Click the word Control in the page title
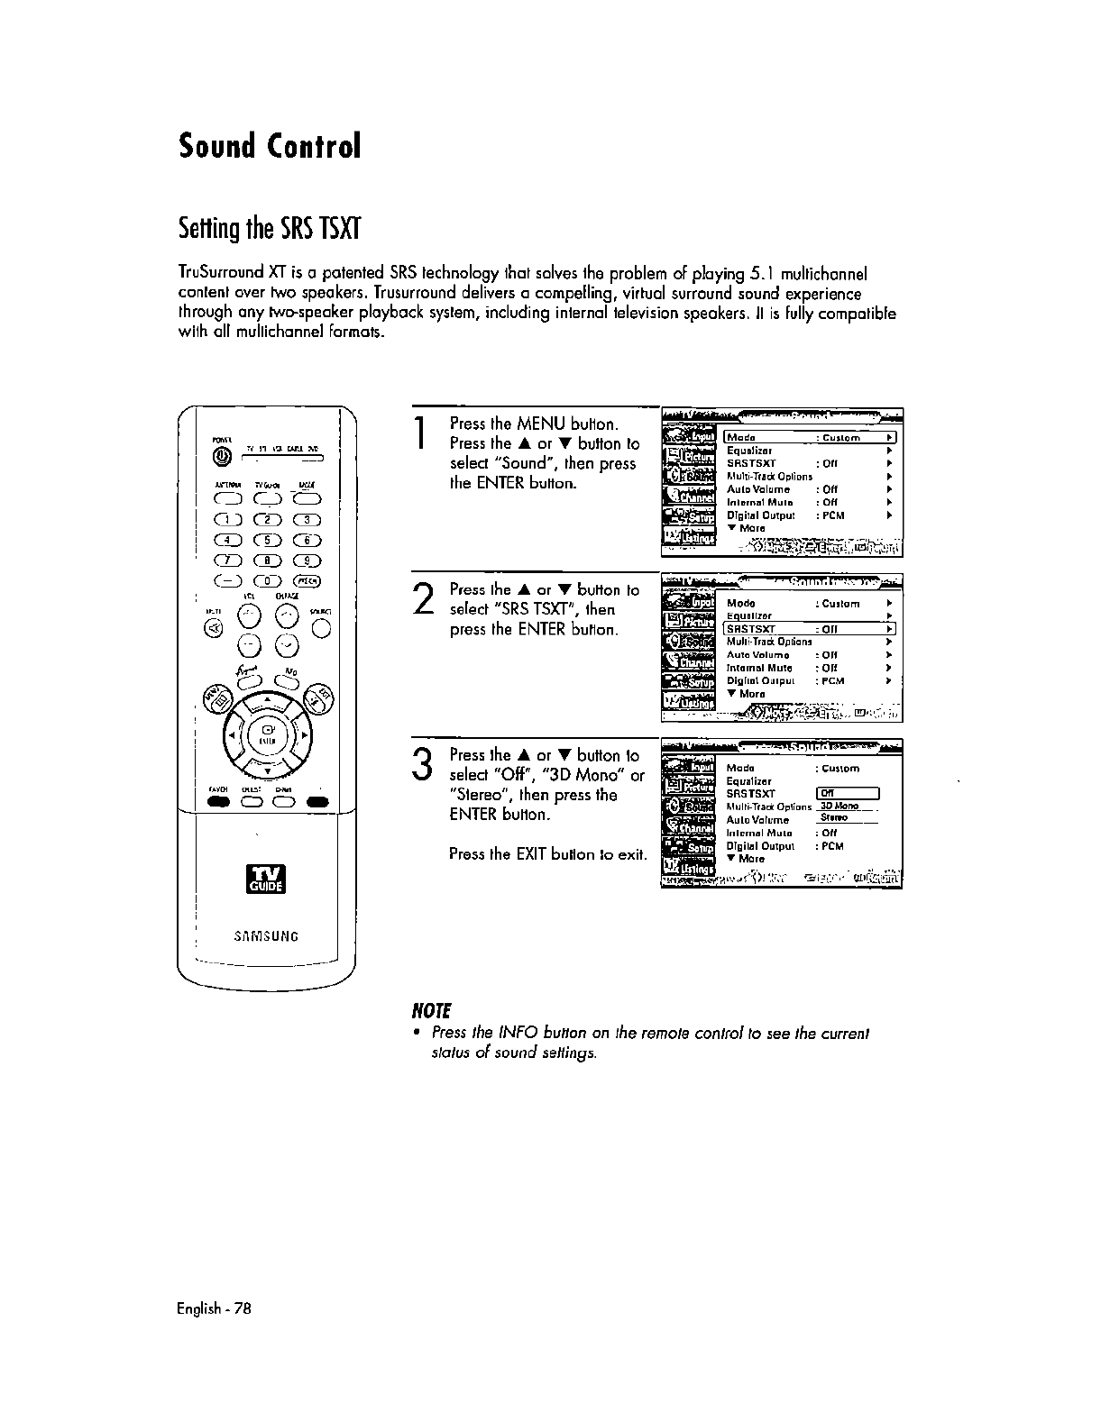313,145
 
